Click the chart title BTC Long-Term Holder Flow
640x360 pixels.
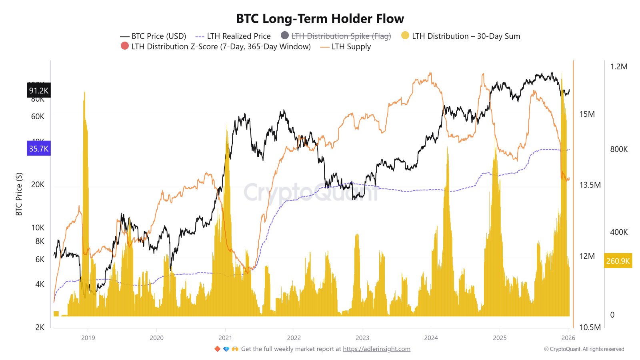320,19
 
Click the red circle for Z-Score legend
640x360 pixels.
125,46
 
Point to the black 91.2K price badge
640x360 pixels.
38,90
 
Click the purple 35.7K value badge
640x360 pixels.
38,149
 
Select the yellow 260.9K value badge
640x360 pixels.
618,261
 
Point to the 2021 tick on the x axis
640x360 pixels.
225,338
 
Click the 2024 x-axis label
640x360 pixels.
431,338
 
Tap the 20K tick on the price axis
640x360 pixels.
38,184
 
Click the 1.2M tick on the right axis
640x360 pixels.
619,66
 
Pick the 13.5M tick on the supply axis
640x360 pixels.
590,185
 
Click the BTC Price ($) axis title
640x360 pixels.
19,194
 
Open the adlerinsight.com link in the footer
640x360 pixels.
376,349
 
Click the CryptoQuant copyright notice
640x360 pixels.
584,349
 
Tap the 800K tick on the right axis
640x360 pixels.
619,149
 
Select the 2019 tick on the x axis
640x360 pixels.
88,338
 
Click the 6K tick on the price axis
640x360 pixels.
40,259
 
